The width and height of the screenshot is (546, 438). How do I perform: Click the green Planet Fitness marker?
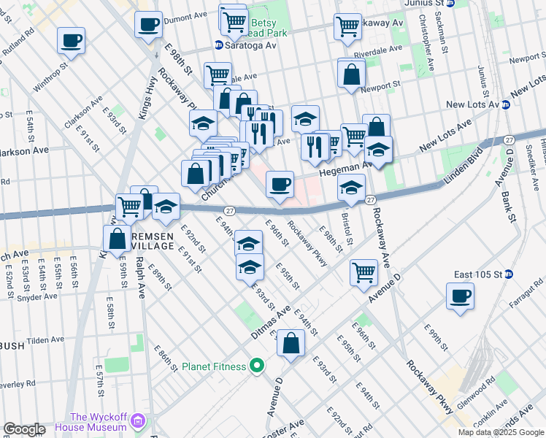(256, 365)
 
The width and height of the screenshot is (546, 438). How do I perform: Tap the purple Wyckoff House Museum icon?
(138, 420)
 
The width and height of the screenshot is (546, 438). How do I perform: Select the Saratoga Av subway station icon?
(218, 45)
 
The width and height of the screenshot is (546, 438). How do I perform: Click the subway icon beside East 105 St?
(510, 274)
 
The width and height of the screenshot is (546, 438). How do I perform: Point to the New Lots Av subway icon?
(505, 105)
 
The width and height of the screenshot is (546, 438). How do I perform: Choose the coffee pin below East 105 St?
(460, 297)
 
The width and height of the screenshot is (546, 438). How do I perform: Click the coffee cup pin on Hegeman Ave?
(280, 184)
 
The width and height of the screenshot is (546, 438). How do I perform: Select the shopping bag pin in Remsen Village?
(118, 237)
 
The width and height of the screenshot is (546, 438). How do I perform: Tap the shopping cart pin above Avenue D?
(364, 273)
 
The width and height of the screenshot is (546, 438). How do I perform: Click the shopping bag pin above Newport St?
(352, 74)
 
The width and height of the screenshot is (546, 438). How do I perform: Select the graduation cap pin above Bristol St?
(351, 188)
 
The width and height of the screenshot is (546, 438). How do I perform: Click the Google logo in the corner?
(24, 429)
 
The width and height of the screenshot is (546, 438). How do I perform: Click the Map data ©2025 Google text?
(500, 432)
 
